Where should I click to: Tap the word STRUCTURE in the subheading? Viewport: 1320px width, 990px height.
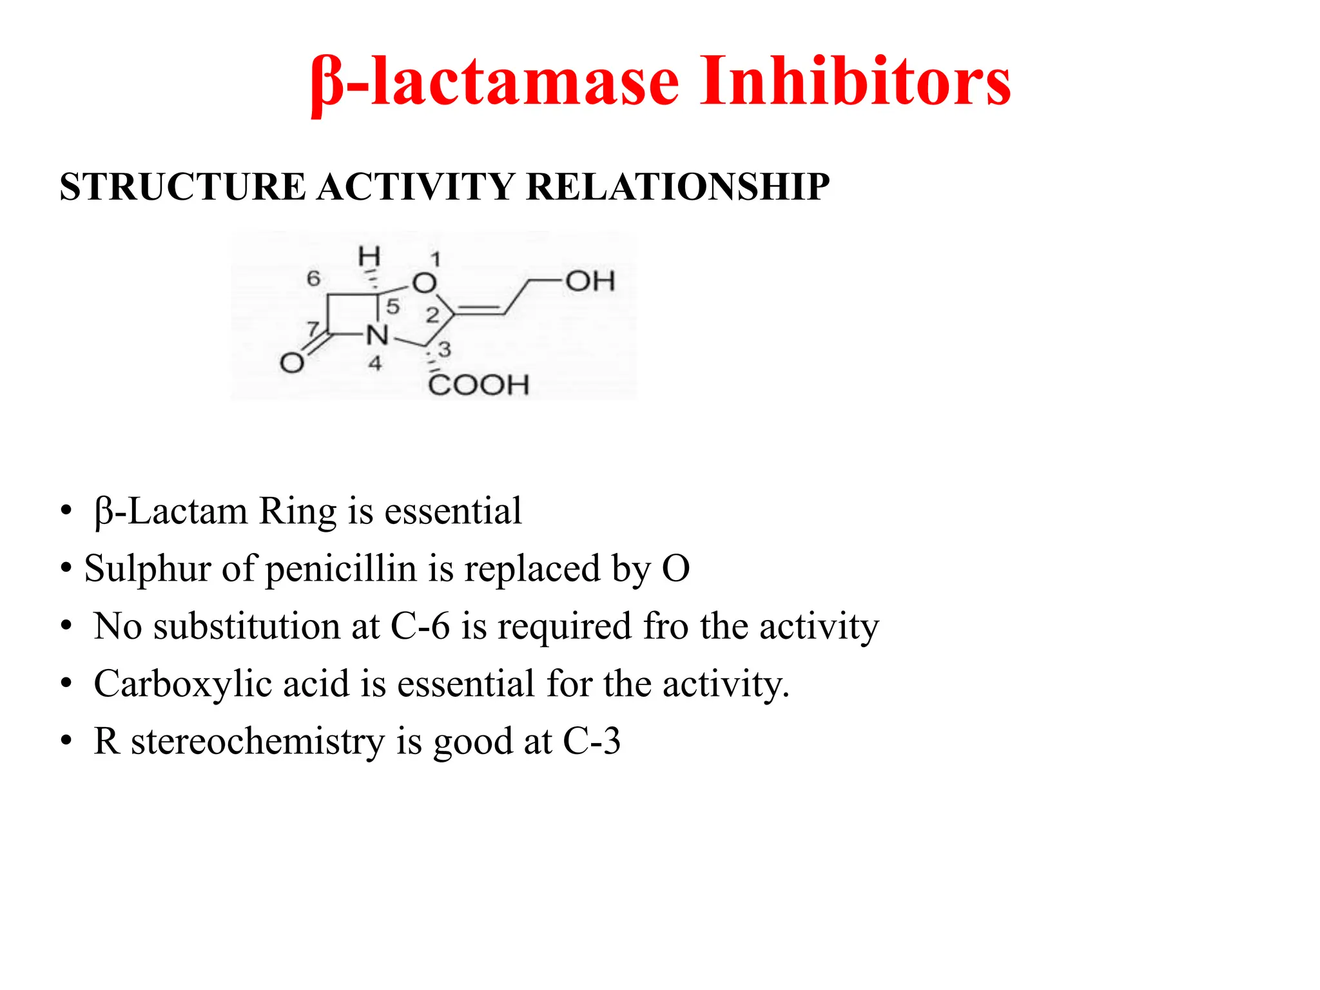182,188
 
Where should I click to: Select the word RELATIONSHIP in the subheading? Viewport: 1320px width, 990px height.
677,188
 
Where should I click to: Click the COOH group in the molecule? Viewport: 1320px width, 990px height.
478,385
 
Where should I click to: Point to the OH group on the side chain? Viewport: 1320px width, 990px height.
590,281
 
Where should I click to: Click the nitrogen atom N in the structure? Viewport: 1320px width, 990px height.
378,335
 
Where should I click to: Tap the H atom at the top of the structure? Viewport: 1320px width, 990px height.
369,257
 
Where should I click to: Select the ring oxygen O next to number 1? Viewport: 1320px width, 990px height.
424,282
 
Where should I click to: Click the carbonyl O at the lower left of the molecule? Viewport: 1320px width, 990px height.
292,363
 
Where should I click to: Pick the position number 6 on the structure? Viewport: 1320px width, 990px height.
313,278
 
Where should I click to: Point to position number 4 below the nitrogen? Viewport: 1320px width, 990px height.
375,364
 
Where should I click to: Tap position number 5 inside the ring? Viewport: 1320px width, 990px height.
393,307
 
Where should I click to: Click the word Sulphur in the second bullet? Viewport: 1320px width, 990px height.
148,568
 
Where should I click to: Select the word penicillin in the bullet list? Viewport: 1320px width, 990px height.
340,568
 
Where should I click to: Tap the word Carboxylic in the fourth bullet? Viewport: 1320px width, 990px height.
182,683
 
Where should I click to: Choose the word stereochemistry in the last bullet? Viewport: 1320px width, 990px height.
258,741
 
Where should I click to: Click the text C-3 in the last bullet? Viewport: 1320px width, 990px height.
592,741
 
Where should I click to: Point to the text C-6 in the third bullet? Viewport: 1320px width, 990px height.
420,626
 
